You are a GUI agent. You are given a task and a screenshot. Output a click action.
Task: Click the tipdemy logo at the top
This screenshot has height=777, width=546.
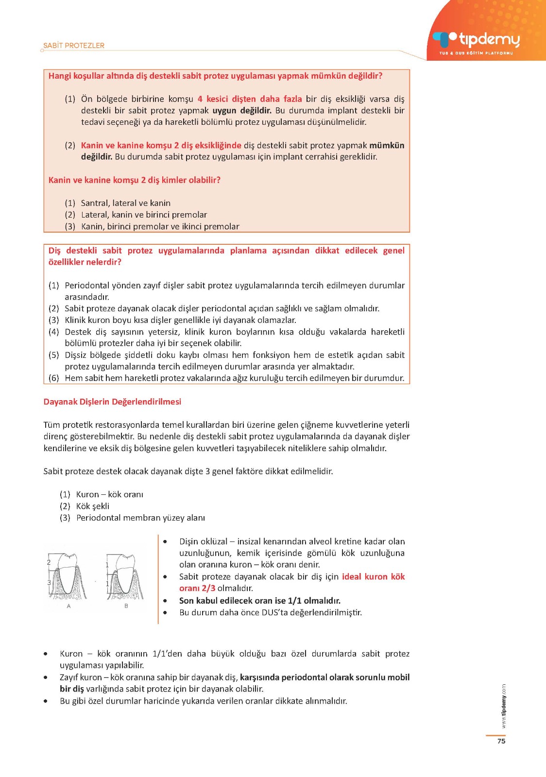point(477,41)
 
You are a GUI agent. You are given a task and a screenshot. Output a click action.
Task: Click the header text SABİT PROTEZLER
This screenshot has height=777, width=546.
point(74,46)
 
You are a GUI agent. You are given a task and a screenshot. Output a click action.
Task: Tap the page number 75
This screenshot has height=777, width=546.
point(501,741)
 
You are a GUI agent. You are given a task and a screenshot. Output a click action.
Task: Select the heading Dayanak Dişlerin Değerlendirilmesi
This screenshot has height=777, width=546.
point(112,402)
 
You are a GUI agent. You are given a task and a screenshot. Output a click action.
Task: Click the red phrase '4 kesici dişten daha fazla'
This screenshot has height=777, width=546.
point(250,99)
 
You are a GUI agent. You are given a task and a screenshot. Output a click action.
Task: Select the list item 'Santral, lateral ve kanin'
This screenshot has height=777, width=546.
point(125,203)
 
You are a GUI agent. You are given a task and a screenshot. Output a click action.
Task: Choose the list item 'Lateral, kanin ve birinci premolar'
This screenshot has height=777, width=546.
point(144,215)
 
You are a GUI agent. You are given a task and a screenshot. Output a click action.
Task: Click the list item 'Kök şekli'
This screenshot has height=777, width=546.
point(92,506)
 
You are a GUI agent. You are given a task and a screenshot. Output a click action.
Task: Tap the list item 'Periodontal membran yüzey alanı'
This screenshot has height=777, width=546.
point(140,518)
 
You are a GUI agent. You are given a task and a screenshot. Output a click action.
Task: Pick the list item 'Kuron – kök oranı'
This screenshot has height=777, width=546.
point(109,494)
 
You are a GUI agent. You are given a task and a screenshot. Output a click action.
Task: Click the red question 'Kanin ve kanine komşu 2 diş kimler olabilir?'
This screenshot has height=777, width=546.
point(135,180)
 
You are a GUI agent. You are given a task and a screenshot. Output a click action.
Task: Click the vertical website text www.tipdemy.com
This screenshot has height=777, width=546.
point(504,706)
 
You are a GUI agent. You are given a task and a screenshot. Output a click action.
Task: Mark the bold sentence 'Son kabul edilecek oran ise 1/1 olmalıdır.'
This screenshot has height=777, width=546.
point(260,601)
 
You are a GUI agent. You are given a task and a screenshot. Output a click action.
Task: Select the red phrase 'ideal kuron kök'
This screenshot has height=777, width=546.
point(373,577)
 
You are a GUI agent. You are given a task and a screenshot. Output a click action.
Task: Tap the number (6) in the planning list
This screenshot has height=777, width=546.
point(53,378)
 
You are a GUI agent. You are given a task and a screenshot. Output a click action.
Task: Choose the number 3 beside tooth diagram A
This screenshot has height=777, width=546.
point(49,582)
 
